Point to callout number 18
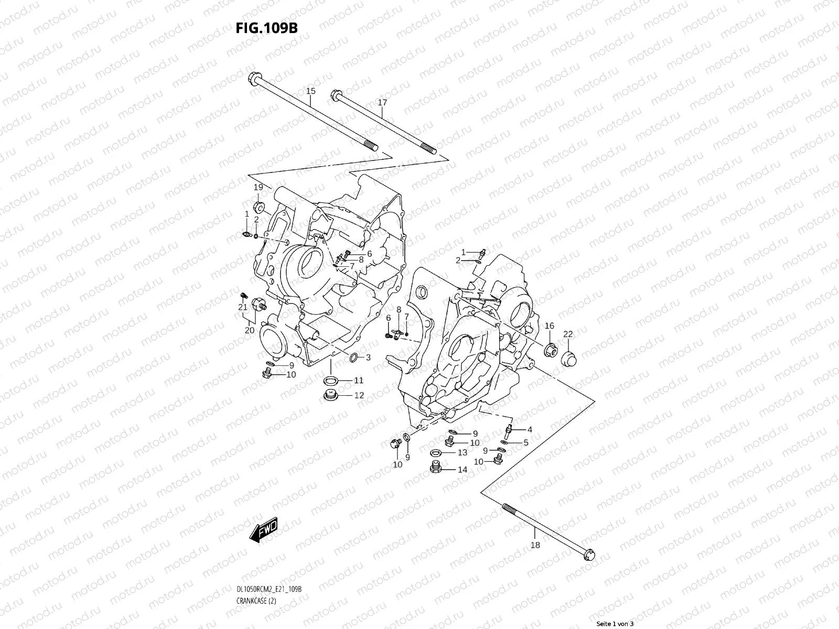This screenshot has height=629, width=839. (x=535, y=545)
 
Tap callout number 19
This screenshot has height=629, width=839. (x=258, y=187)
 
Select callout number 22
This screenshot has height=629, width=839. (x=568, y=334)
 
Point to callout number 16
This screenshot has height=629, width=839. (x=549, y=326)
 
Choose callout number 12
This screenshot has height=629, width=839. (x=359, y=395)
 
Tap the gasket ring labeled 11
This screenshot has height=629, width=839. (x=330, y=380)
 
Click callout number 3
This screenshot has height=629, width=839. (x=368, y=357)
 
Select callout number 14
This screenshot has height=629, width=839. (x=462, y=470)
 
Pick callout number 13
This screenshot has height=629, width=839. (x=462, y=452)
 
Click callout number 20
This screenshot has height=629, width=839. (x=250, y=330)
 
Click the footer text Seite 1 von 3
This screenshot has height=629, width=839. (x=615, y=624)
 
